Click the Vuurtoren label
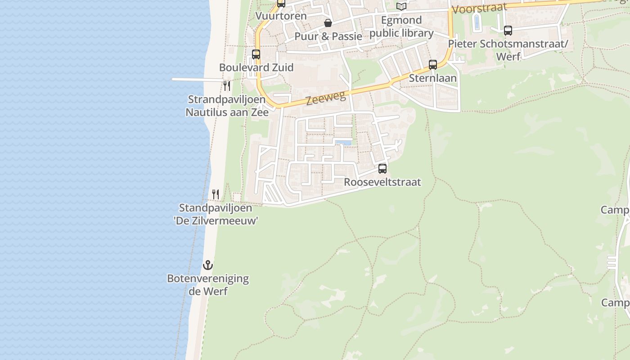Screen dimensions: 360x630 pos(281,16)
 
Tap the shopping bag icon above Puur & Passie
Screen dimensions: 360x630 pos(328,23)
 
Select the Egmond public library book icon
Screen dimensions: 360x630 pos(401,6)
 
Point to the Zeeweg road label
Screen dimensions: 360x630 pos(326,98)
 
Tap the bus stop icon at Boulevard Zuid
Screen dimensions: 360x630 pos(256,54)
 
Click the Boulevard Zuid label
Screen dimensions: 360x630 pos(256,67)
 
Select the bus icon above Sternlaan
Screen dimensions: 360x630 pos(432,65)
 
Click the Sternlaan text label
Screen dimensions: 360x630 pos(432,78)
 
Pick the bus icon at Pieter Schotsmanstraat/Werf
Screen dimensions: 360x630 pos(508,31)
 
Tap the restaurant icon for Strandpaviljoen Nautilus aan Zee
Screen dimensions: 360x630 pos(227,85)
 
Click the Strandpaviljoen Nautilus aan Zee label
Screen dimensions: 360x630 pos(227,106)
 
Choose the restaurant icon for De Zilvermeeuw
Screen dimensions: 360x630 pos(216,194)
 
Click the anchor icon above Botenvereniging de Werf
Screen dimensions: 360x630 pos(207,265)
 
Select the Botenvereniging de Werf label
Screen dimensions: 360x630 pos(208,284)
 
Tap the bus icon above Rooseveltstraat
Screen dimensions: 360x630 pos(382,169)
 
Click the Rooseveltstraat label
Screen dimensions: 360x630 pos(382,182)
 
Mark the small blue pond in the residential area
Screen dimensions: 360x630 pos(343,143)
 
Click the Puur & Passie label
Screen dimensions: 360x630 pos(328,36)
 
